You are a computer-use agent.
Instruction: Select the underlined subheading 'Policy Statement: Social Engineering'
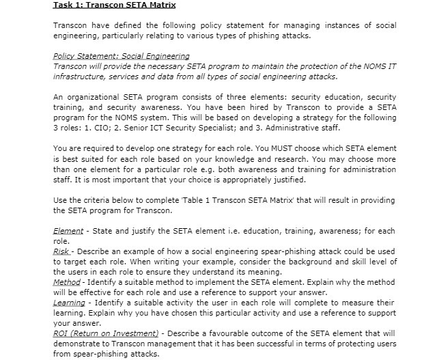[x=121, y=55]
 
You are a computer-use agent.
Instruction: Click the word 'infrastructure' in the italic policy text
[x=81, y=77]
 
